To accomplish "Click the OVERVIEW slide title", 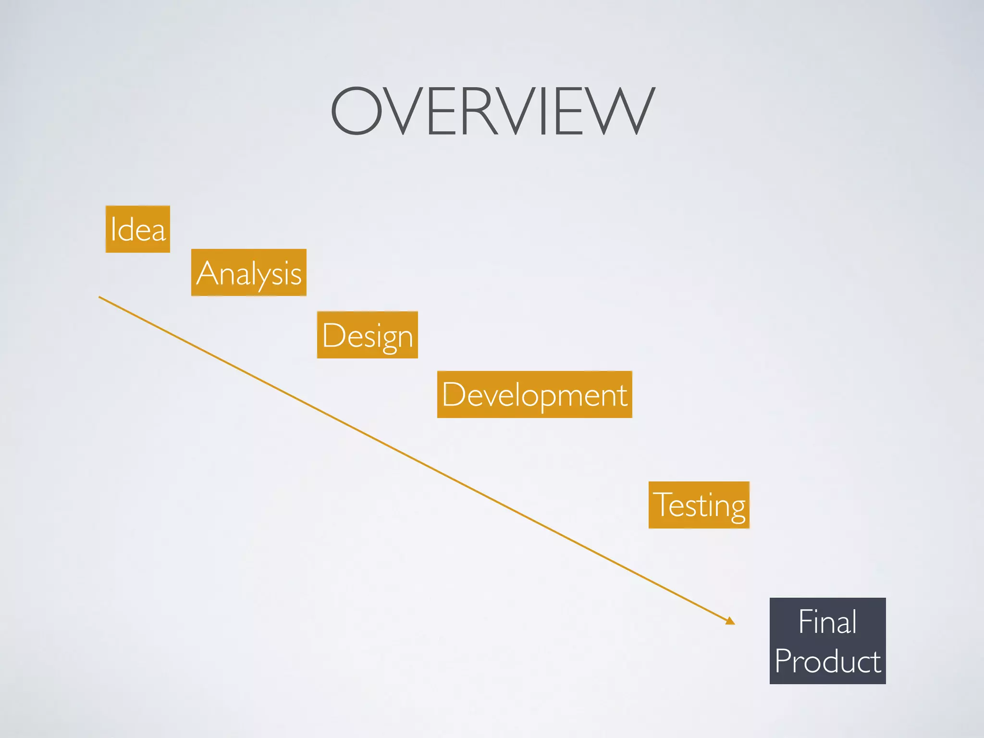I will (493, 111).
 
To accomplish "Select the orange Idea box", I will (138, 229).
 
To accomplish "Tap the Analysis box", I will (249, 272).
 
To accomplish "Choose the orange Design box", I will (368, 335).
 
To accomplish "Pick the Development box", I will (535, 394).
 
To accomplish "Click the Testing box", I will (699, 505).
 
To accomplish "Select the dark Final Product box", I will (828, 641).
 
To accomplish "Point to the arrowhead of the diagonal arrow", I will (731, 621).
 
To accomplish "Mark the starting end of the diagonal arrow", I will (100, 297).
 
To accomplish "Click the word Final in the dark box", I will (827, 622).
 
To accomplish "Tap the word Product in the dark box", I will (828, 661).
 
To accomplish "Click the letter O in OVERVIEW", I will (356, 111).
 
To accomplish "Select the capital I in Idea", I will (113, 229).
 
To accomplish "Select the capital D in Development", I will (452, 394).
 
